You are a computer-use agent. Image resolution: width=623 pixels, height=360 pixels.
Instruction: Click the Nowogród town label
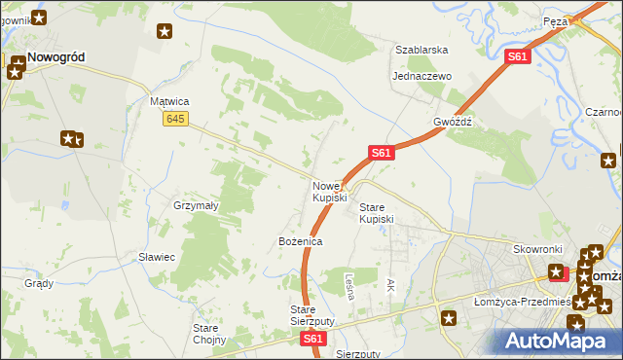click(55, 57)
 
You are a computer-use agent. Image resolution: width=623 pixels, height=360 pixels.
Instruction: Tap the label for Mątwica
click(169, 100)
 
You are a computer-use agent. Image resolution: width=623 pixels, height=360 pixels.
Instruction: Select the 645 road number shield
click(175, 118)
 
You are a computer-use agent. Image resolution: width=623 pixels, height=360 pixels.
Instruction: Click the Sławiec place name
click(156, 257)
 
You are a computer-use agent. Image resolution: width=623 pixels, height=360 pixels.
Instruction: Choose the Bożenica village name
click(300, 240)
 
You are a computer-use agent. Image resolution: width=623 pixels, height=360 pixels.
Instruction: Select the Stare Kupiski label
click(377, 213)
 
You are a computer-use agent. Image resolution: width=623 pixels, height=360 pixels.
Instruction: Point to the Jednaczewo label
click(421, 76)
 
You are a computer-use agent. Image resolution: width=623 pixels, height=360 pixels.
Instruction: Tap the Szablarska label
click(421, 49)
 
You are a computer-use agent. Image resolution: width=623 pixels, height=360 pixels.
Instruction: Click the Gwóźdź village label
click(453, 123)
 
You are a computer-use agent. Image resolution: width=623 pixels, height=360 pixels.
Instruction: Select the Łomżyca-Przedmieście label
click(531, 301)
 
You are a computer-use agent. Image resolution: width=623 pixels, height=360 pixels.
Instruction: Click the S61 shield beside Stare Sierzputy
click(311, 339)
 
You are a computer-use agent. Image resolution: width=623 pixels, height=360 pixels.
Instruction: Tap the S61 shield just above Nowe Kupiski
click(381, 153)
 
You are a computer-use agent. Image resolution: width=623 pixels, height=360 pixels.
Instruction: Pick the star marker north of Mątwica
click(165, 31)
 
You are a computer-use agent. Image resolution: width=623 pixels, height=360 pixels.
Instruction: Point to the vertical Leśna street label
click(348, 285)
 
